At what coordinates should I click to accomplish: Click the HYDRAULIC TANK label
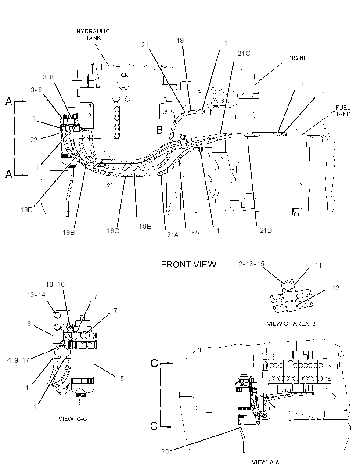pyautogui.click(x=93, y=35)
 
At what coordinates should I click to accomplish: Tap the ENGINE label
pyautogui.click(x=296, y=58)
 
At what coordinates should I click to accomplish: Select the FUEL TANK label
pyautogui.click(x=343, y=111)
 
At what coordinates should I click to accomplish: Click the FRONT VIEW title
pyautogui.click(x=188, y=264)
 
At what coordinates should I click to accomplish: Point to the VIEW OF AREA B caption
pyautogui.click(x=291, y=324)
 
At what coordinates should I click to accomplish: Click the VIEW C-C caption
pyautogui.click(x=73, y=418)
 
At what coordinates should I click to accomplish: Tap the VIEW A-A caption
pyautogui.click(x=265, y=462)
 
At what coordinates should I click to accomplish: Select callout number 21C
pyautogui.click(x=244, y=54)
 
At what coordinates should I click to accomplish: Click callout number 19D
pyautogui.click(x=27, y=209)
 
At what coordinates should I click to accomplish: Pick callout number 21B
pyautogui.click(x=265, y=230)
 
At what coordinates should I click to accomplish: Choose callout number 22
pyautogui.click(x=34, y=140)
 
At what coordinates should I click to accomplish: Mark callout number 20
pyautogui.click(x=165, y=452)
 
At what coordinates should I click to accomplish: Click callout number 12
pyautogui.click(x=335, y=288)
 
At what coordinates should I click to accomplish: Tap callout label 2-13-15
pyautogui.click(x=252, y=264)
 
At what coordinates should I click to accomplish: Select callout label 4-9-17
pyautogui.click(x=18, y=360)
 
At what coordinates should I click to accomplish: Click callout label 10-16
pyautogui.click(x=55, y=284)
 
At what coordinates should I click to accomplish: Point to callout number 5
pyautogui.click(x=122, y=378)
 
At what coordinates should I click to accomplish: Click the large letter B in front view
pyautogui.click(x=159, y=130)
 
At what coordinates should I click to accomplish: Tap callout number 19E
pyautogui.click(x=145, y=226)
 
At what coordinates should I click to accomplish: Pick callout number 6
pyautogui.click(x=29, y=324)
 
